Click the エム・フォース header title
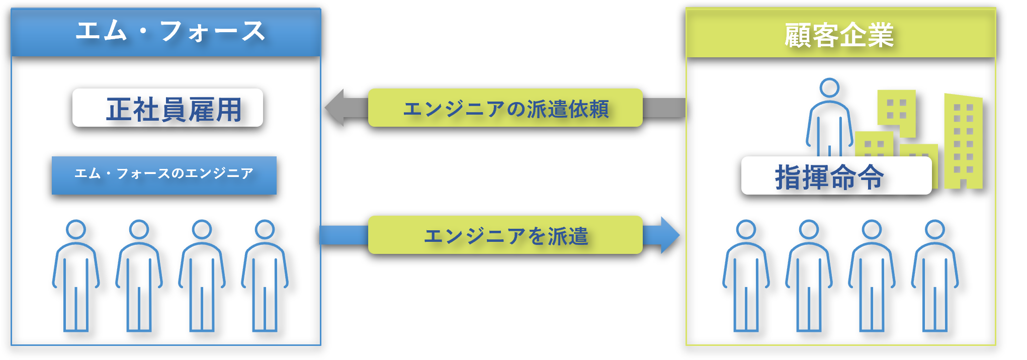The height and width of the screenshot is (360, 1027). [x=170, y=31]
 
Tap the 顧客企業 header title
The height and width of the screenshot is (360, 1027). [x=839, y=35]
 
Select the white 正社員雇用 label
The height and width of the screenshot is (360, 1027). [x=167, y=108]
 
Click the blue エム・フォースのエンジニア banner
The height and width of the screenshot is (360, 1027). [x=164, y=175]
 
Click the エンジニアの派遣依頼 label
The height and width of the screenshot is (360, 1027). [x=505, y=108]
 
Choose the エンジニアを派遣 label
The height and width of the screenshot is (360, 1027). [x=505, y=235]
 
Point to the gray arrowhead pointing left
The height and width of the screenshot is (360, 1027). [x=335, y=107]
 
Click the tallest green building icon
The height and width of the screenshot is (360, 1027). [x=963, y=141]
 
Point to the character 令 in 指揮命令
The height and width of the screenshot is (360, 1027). [x=871, y=176]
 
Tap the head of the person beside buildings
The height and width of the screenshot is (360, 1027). [x=829, y=88]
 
